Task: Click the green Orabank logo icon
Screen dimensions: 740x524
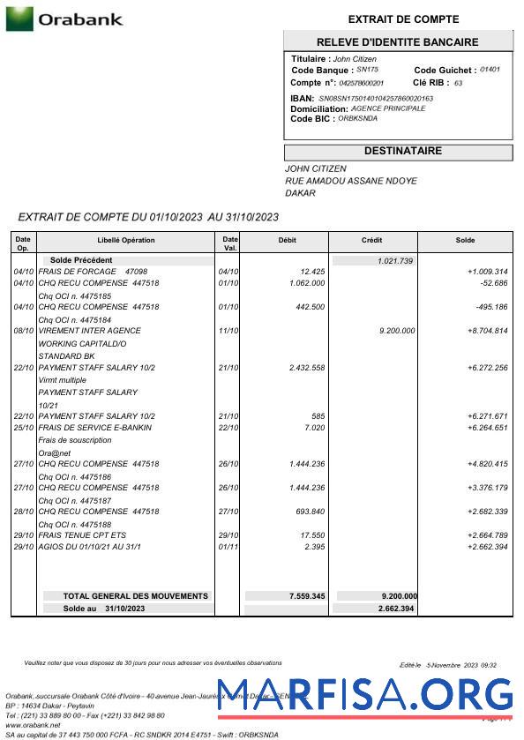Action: (19, 19)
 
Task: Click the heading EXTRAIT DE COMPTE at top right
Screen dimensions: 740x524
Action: (403, 19)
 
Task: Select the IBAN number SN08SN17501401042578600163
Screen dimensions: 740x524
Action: (376, 98)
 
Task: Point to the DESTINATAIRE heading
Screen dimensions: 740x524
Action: (402, 152)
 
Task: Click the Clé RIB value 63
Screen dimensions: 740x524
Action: (458, 83)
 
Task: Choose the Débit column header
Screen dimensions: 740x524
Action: (288, 240)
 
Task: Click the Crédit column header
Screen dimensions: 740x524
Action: (372, 240)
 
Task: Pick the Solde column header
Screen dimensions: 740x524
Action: (465, 240)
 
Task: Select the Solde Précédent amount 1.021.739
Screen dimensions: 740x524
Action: (395, 261)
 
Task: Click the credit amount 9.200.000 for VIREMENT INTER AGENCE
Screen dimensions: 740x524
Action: (396, 331)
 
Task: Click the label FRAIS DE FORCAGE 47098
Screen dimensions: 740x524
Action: (92, 272)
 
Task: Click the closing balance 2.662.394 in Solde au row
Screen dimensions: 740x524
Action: (396, 609)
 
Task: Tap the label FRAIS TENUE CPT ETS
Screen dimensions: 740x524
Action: (82, 535)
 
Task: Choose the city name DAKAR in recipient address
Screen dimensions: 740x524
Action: (300, 193)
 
